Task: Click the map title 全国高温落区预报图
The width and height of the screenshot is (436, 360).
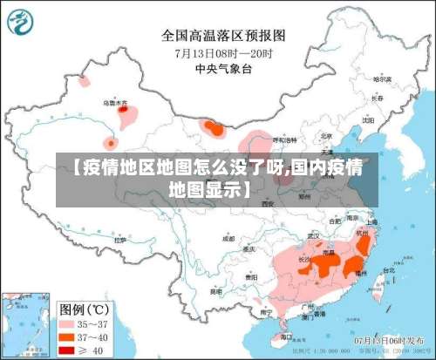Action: tap(224, 36)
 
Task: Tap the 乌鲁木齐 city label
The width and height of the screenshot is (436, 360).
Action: tap(115, 103)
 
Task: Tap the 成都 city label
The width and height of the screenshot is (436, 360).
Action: tap(228, 237)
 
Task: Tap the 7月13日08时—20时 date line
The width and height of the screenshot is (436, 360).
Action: tap(224, 52)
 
